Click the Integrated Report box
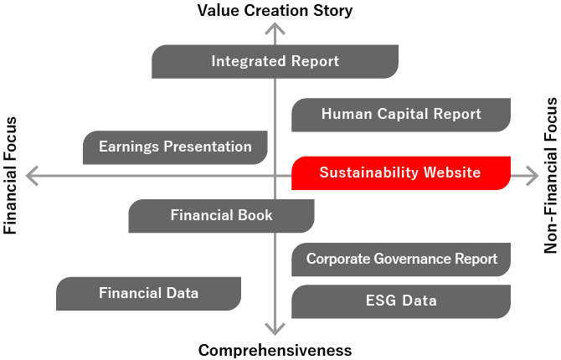pos(275,61)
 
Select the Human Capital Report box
pos(400,115)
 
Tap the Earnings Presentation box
pos(175,147)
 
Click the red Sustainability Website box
pos(400,172)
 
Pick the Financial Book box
pos(221,216)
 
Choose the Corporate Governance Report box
pos(401,260)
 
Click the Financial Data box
pos(148,293)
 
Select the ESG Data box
pos(401,301)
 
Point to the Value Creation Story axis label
pos(275,11)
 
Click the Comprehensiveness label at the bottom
pos(275,350)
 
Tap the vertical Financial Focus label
pos(11,174)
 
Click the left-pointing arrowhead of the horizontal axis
pos(32,176)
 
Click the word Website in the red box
pos(451,172)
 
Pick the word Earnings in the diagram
pos(127,147)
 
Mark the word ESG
pos(381,301)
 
